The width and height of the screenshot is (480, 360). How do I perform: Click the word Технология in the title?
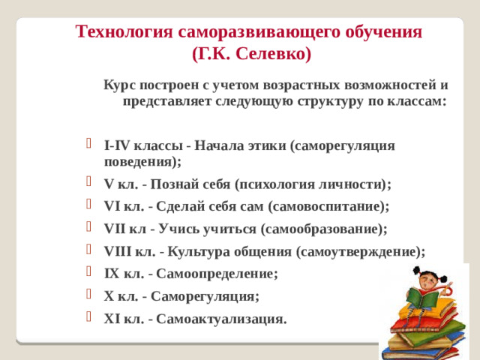point(124,32)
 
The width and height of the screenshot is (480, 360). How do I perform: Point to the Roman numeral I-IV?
point(118,145)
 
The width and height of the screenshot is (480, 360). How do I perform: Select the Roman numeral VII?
point(116,229)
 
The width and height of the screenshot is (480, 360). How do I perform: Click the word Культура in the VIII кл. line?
point(199,251)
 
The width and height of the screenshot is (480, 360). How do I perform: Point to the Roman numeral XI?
point(113,319)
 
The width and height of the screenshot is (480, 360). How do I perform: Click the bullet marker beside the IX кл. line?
point(91,274)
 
